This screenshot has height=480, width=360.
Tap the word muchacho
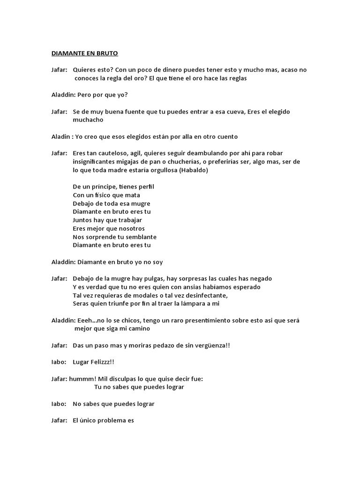88,120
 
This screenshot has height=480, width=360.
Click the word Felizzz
100,362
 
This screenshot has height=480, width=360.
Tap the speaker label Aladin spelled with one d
60,136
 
